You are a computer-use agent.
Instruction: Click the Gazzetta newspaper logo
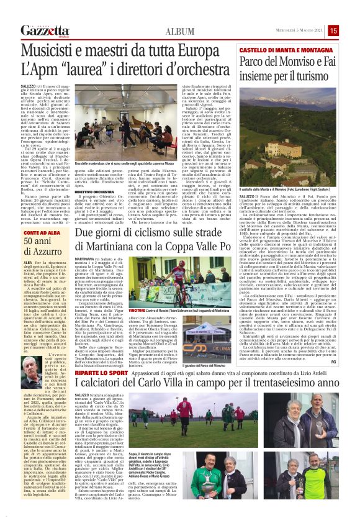coord(45,30)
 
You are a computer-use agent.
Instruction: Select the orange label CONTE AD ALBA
coord(36,232)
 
